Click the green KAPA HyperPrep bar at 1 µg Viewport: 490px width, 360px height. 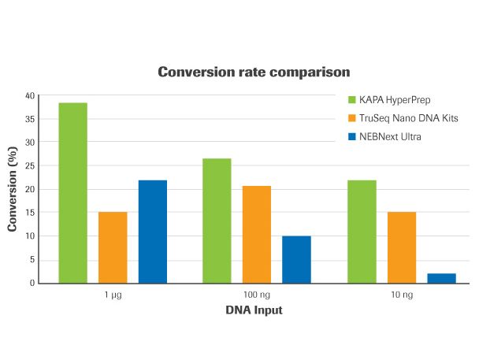pyautogui.click(x=72, y=193)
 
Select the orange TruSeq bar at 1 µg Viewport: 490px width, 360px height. pyautogui.click(x=113, y=247)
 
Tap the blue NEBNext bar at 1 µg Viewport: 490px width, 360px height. pyautogui.click(x=153, y=232)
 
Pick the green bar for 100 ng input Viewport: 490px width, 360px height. pyautogui.click(x=217, y=221)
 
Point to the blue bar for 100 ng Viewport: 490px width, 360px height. pyautogui.click(x=297, y=259)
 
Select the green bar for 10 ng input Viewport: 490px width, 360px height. pyautogui.click(x=362, y=232)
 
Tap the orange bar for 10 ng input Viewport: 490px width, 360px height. pyautogui.click(x=402, y=247)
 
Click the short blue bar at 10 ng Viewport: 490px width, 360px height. pyautogui.click(x=442, y=278)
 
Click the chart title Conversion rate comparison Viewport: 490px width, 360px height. pyautogui.click(x=254, y=72)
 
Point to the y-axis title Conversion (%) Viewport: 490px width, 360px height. pyautogui.click(x=12, y=188)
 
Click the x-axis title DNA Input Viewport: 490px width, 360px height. pyautogui.click(x=254, y=310)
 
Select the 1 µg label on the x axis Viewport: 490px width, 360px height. pyautogui.click(x=113, y=295)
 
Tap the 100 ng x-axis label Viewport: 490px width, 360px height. pyautogui.click(x=257, y=295)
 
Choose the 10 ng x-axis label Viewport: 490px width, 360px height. pyautogui.click(x=402, y=295)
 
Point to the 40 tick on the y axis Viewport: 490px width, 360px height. pyautogui.click(x=31, y=95)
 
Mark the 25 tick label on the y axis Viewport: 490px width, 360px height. pyautogui.click(x=31, y=165)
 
